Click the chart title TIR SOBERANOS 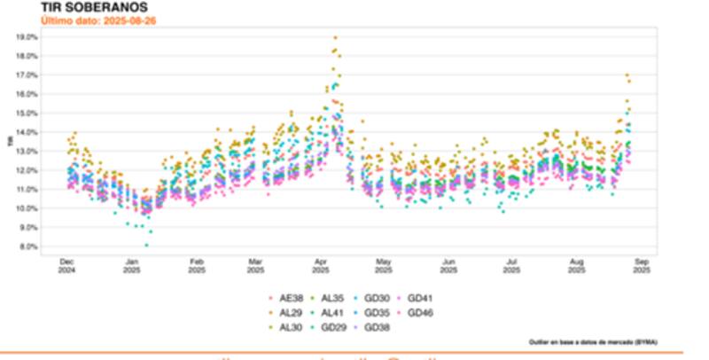click(x=88, y=7)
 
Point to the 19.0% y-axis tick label click(x=27, y=37)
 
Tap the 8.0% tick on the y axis click(x=27, y=247)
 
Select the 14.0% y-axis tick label click(x=27, y=132)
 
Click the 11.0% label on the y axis click(x=27, y=190)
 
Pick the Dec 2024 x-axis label click(x=66, y=265)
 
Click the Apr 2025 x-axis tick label click(x=321, y=265)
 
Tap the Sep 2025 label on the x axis click(x=642, y=265)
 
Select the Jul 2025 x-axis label click(x=511, y=265)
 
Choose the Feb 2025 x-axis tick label click(x=197, y=265)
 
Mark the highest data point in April click(x=335, y=37)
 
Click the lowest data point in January click(x=146, y=245)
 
